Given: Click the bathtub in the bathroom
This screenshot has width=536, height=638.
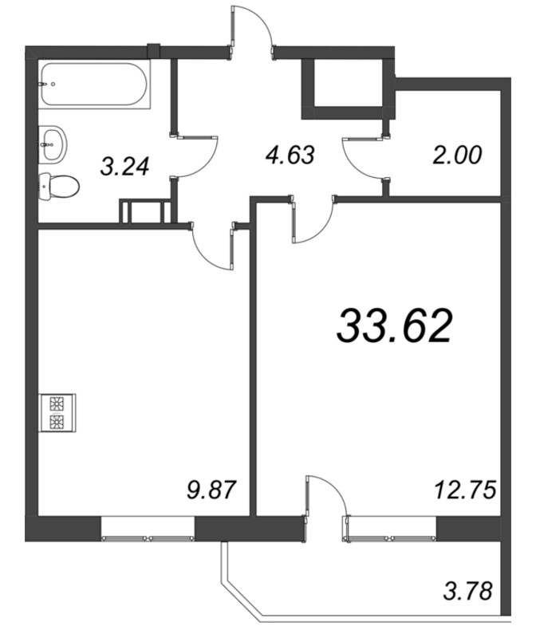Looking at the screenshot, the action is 95,85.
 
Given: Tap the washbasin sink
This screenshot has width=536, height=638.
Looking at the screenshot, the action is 53,144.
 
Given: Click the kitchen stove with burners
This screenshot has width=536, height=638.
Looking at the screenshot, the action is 57,412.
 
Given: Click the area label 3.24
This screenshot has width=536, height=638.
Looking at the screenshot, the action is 124,167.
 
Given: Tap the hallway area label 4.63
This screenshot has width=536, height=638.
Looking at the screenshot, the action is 290,155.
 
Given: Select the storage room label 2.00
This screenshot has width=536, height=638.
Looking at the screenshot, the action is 457,155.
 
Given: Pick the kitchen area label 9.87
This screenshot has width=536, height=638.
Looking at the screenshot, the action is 211,489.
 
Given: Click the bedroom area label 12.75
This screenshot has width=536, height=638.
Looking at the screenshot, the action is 465,489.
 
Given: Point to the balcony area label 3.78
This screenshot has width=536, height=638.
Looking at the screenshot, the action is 467,591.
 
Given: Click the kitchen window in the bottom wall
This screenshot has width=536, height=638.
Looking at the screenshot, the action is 148,529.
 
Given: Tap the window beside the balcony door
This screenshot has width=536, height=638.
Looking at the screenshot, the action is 390,529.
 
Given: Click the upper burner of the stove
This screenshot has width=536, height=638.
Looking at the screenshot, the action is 57,404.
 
